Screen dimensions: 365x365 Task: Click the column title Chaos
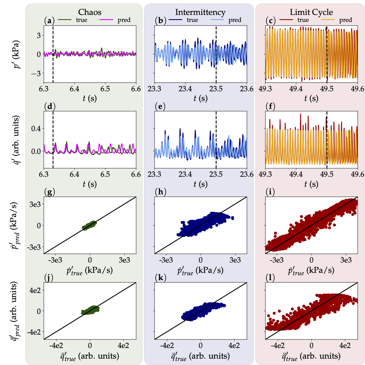click(90, 12)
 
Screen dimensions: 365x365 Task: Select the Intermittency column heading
click(200, 12)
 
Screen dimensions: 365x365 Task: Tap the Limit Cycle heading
click(311, 12)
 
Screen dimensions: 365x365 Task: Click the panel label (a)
click(49, 21)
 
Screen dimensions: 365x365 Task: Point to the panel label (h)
click(160, 192)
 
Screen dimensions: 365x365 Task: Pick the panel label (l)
click(270, 278)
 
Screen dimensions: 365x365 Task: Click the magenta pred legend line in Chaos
click(106, 20)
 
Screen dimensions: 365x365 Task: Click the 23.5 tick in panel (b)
click(216, 89)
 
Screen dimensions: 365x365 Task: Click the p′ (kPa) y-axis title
click(15, 54)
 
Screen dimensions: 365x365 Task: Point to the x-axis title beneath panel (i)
click(311, 270)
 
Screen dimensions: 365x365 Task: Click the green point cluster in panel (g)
click(90, 226)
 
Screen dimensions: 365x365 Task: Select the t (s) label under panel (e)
click(200, 184)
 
